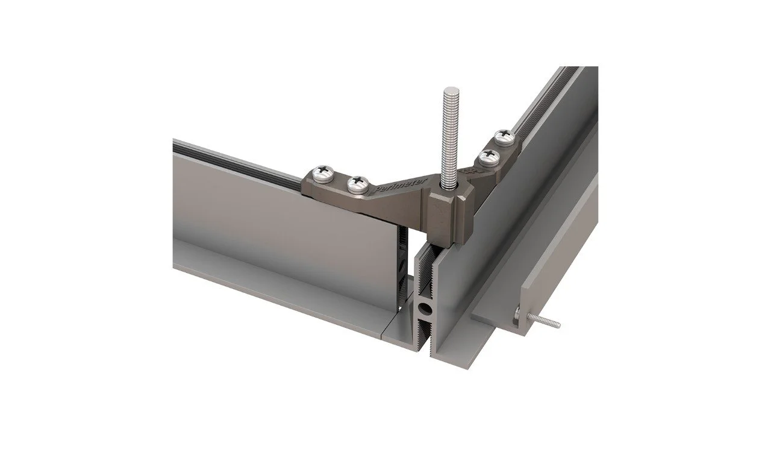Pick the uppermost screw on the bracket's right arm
[503, 137]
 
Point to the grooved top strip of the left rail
[235, 154]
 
